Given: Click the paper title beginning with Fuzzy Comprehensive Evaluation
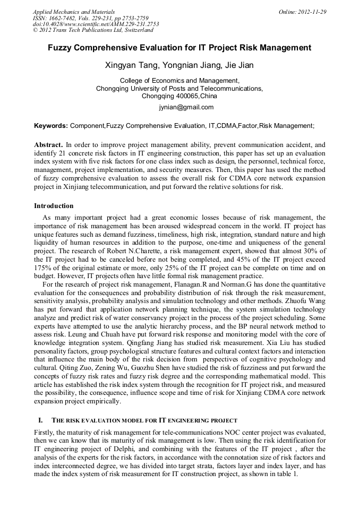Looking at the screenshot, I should point(179,48).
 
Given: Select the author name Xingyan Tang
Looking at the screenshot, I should point(131,66).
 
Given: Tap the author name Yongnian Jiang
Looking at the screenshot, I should point(187,66).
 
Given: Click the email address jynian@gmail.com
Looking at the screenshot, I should point(186,107).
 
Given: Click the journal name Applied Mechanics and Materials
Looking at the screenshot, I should point(74,12).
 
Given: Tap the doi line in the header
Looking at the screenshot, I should point(96,24).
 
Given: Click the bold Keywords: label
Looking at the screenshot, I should point(51,126).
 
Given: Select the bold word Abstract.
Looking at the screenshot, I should point(48,144).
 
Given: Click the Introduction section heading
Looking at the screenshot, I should point(54,206).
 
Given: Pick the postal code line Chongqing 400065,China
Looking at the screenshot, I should point(179,96).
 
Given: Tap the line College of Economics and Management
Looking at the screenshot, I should point(179,81).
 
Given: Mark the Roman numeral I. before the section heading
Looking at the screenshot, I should point(39,420).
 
